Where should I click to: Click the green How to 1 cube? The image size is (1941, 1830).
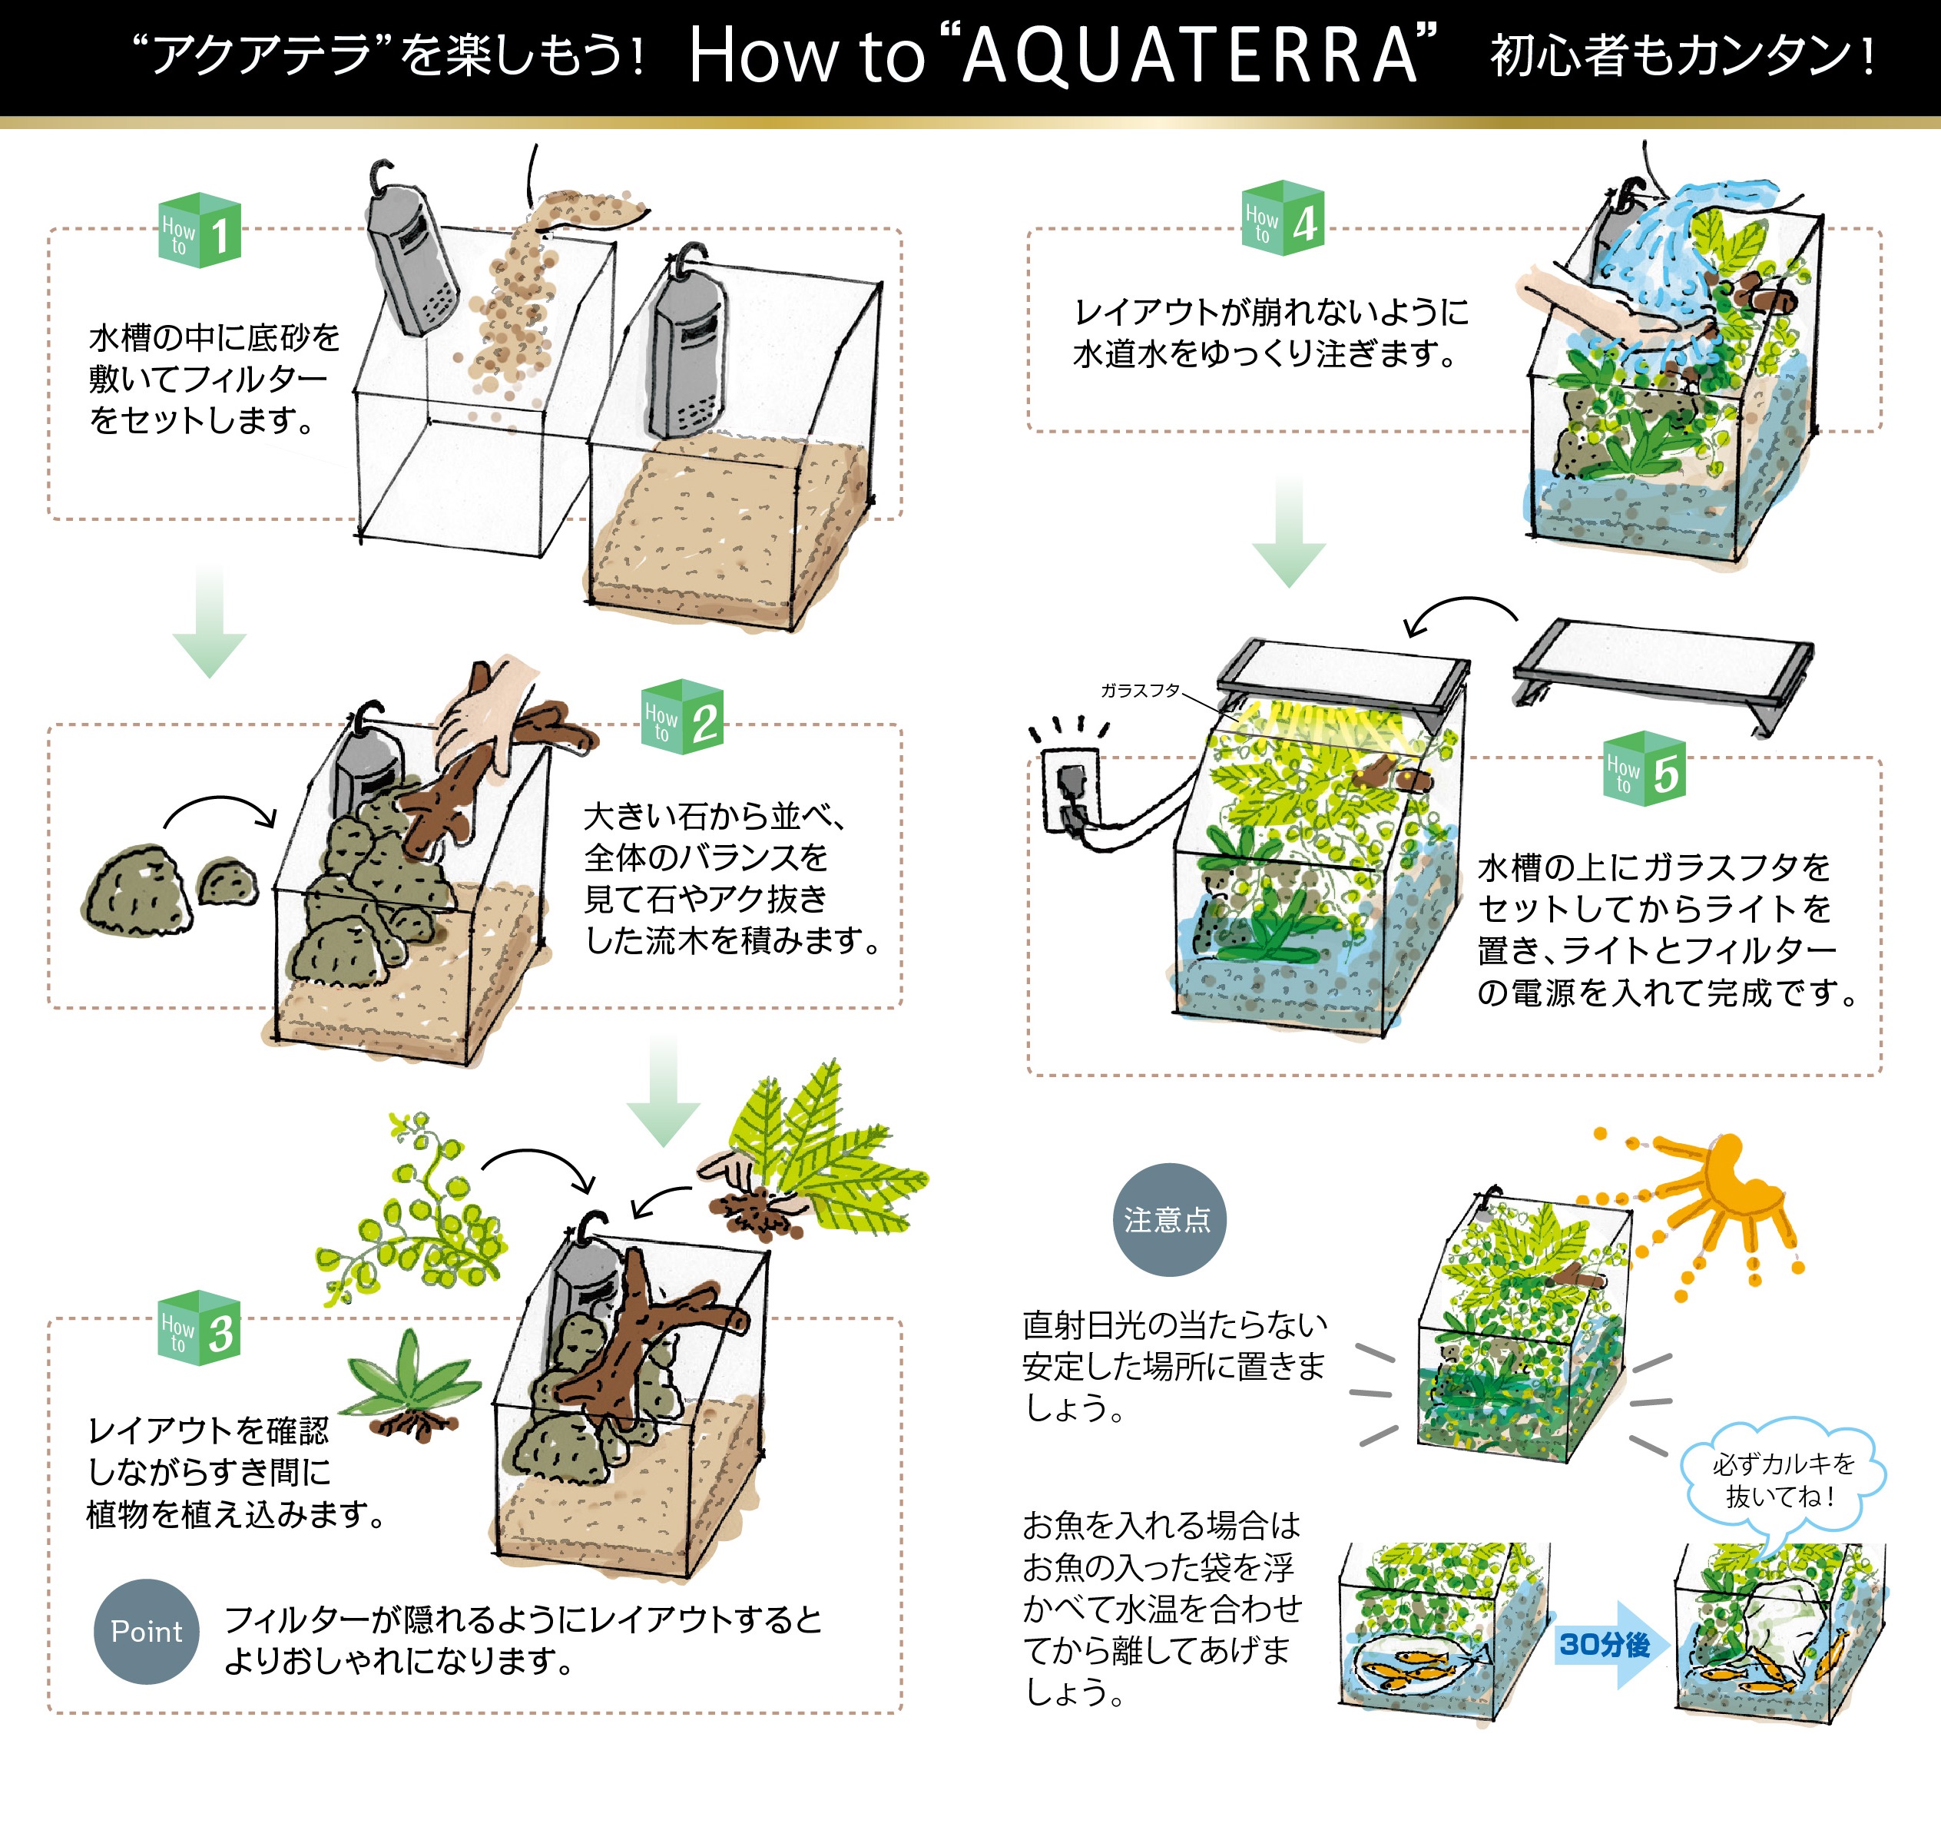pos(199,230)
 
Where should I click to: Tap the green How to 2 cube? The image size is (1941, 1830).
pos(683,717)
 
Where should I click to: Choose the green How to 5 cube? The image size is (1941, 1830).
pos(1645,768)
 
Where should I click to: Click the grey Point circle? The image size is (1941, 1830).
pos(147,1632)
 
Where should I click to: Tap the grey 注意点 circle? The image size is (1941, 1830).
pos(1169,1220)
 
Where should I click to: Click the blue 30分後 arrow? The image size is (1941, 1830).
pos(1609,1644)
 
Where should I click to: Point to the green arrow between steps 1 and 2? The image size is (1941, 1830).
pos(209,620)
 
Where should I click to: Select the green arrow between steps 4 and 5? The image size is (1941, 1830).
pos(1289,532)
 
